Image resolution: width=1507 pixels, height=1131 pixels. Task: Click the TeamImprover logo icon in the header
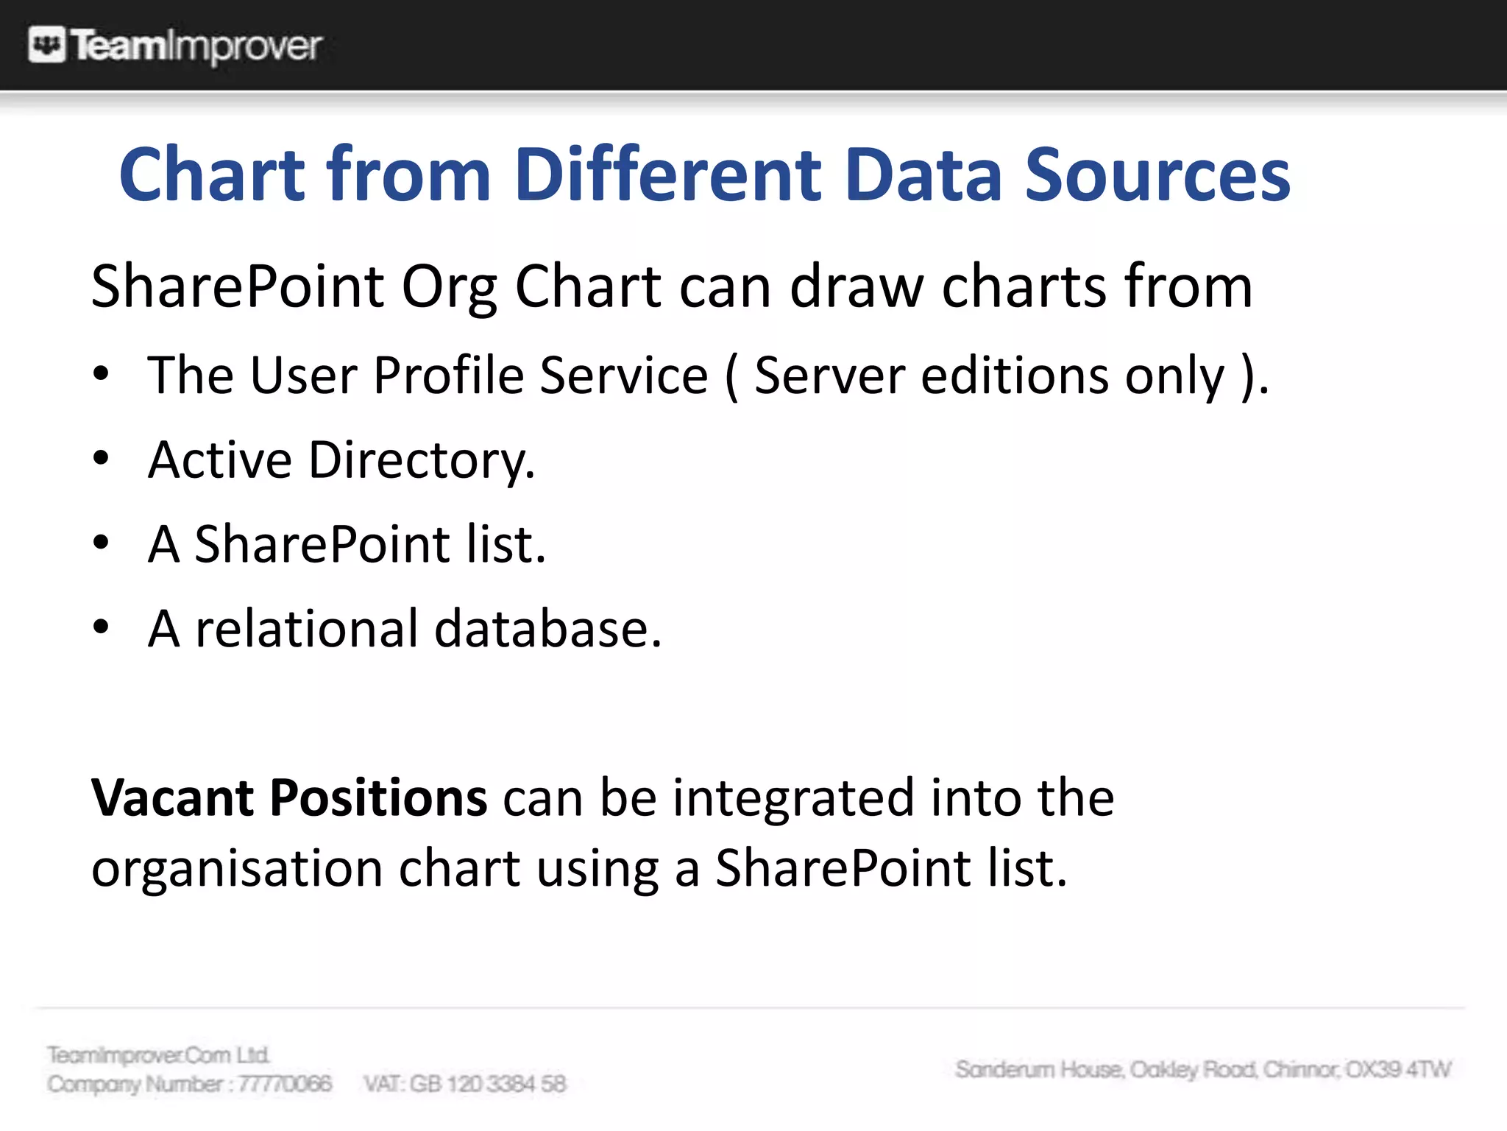tap(46, 45)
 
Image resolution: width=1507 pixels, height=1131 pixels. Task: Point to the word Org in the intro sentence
tap(449, 288)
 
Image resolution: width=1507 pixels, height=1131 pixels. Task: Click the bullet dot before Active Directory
tap(102, 459)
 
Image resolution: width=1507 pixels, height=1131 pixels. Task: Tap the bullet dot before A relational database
tap(102, 628)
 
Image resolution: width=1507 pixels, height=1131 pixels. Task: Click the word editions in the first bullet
tap(1015, 376)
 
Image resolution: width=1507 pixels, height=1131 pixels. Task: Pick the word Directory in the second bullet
tap(421, 460)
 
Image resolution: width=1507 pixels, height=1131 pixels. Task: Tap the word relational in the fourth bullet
tap(306, 629)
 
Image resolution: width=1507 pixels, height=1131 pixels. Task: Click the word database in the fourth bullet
tap(547, 629)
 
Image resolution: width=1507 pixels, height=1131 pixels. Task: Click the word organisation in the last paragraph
tap(236, 868)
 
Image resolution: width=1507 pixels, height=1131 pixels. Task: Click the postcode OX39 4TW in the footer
tap(1398, 1069)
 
